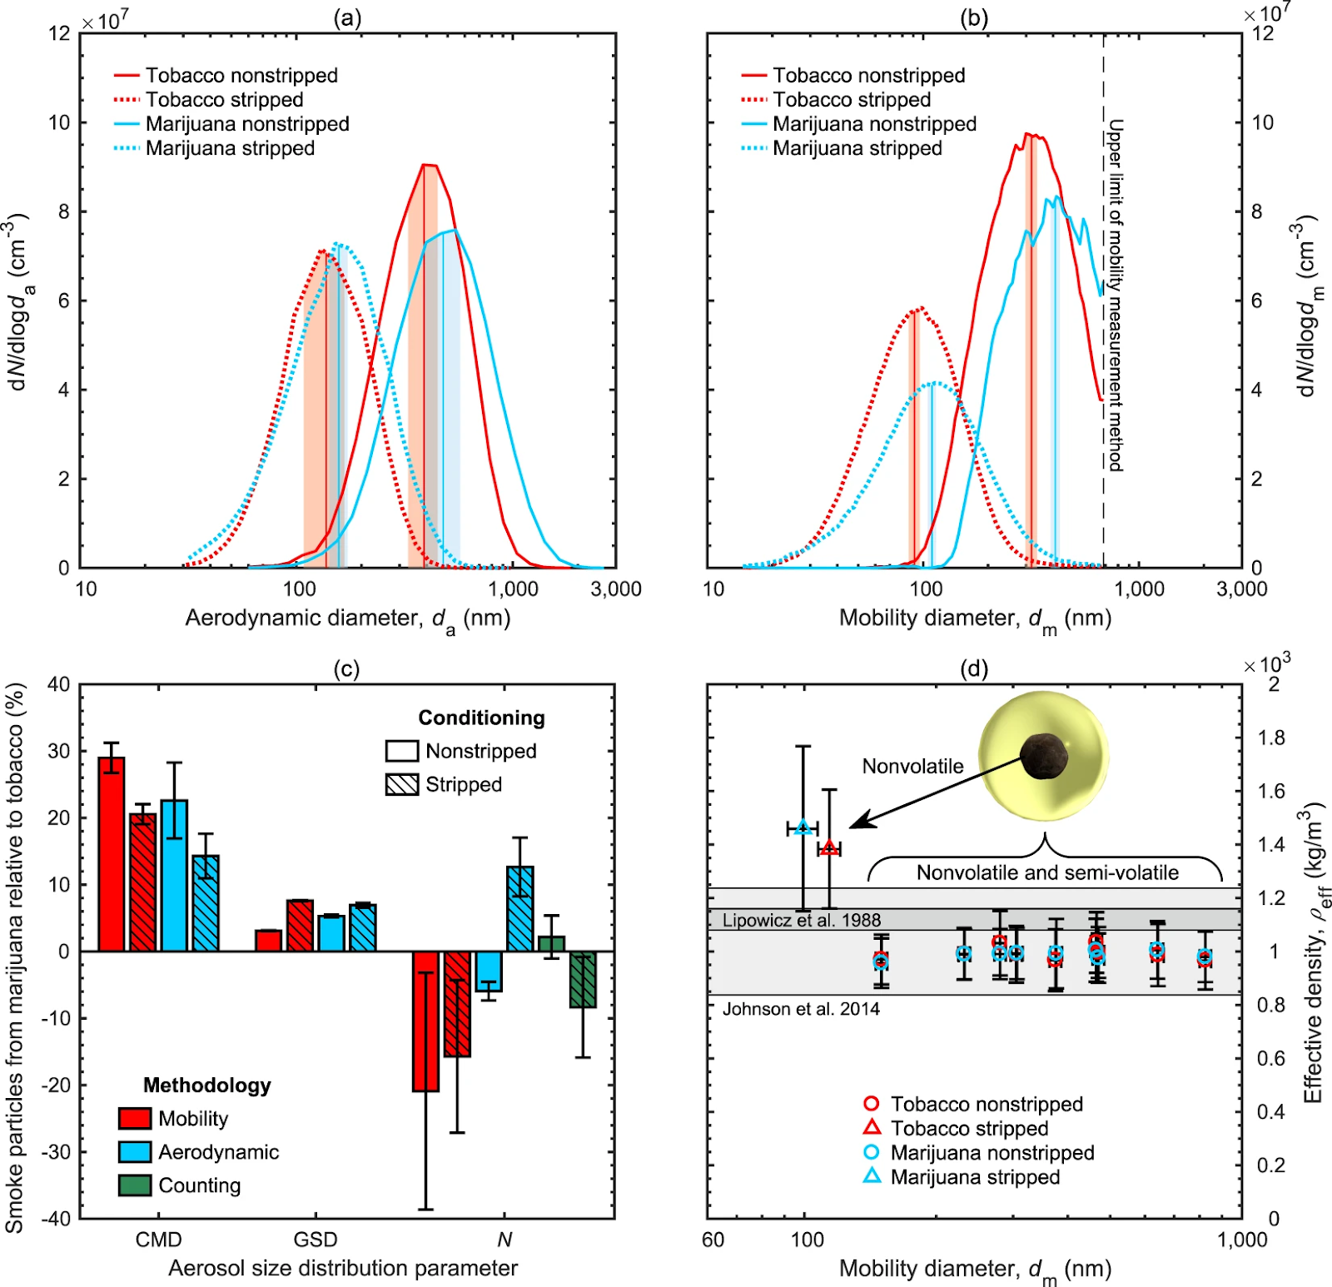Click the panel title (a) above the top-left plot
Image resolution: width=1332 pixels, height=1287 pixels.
(x=347, y=17)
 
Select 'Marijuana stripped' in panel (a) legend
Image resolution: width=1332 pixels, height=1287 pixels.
(x=230, y=148)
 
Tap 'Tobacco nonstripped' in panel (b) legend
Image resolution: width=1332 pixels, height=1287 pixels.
(x=868, y=76)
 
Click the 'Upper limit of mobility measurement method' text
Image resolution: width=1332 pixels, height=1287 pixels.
(x=1116, y=296)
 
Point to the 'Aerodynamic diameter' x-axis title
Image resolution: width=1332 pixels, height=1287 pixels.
(x=347, y=619)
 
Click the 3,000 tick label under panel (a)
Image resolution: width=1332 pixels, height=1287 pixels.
(x=616, y=589)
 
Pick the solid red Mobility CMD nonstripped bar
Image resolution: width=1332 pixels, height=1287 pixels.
(x=112, y=853)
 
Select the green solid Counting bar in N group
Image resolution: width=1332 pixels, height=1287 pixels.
(x=551, y=943)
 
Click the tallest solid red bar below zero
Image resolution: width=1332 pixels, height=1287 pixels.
(x=425, y=1021)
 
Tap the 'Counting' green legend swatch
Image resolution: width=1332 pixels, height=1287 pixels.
(x=135, y=1185)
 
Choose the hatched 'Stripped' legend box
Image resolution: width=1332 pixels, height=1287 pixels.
(x=401, y=784)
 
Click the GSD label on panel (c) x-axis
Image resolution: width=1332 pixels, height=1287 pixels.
(x=316, y=1240)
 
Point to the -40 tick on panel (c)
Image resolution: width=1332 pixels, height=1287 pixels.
(x=59, y=1219)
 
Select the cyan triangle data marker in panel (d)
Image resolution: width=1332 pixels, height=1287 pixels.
(x=803, y=827)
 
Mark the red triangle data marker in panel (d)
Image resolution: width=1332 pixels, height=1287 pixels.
(x=829, y=848)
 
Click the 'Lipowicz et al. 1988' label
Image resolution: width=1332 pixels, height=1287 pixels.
(x=801, y=920)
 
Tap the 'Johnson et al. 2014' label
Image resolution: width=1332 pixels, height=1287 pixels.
(x=801, y=1009)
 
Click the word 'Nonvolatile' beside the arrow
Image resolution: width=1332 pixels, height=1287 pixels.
(x=912, y=766)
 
